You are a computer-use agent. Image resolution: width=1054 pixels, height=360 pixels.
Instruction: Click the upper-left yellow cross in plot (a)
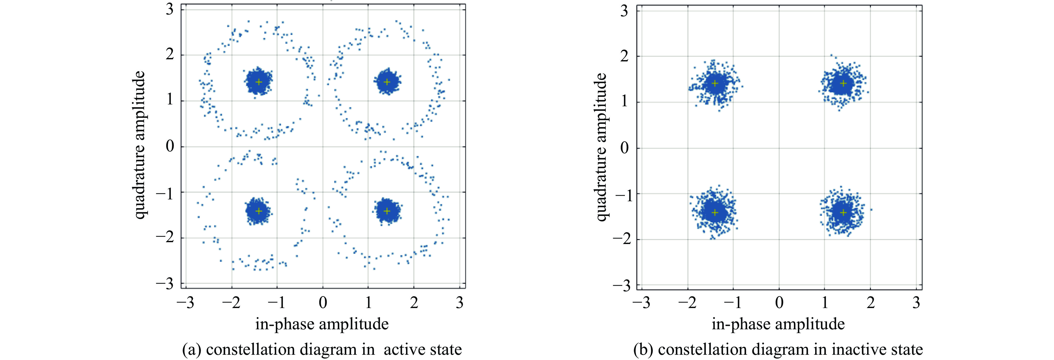click(x=259, y=82)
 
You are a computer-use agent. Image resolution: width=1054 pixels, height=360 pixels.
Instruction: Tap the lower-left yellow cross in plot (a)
click(x=259, y=211)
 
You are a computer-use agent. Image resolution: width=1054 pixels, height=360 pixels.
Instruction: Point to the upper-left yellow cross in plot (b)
click(x=715, y=83)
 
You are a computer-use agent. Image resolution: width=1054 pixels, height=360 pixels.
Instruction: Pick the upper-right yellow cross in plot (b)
click(x=843, y=83)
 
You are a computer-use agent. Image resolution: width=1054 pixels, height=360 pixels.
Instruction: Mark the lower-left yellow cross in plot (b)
click(x=715, y=212)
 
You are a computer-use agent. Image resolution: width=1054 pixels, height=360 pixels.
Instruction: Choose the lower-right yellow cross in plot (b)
click(x=843, y=212)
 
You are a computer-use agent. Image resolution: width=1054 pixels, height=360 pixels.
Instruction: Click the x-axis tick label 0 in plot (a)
click(x=323, y=303)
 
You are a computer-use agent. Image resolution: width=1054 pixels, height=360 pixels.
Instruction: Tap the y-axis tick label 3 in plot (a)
click(x=169, y=9)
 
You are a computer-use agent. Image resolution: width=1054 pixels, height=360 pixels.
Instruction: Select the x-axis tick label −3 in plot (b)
click(x=641, y=303)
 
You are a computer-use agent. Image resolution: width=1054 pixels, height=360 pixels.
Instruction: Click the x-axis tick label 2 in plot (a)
click(x=414, y=303)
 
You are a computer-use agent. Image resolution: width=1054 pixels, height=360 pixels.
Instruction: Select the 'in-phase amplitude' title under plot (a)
click(x=322, y=324)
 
